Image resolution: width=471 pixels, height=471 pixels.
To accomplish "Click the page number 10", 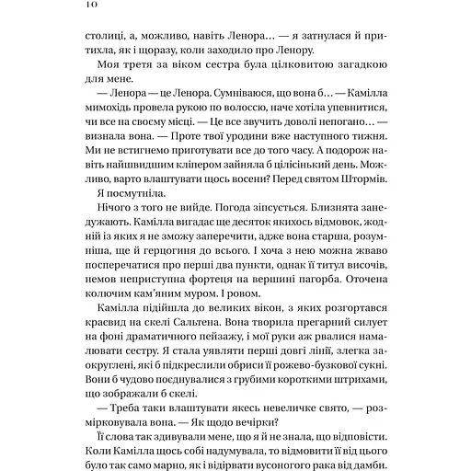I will [75, 7].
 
